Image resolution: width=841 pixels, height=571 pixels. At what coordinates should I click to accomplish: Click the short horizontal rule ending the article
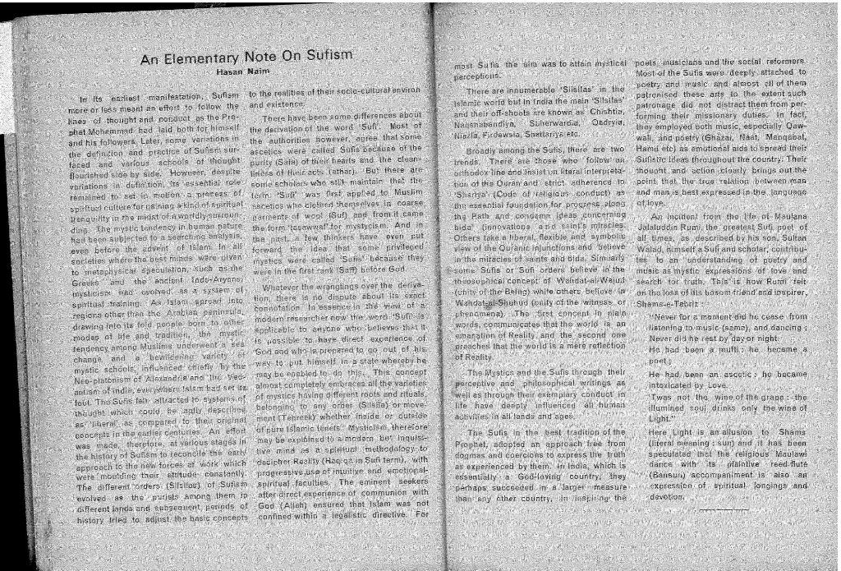723,509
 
